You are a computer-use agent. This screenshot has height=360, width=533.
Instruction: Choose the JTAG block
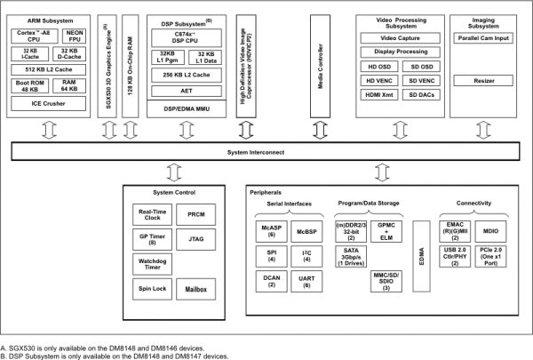(195, 239)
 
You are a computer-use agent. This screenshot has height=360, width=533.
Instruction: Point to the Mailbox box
(195, 289)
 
